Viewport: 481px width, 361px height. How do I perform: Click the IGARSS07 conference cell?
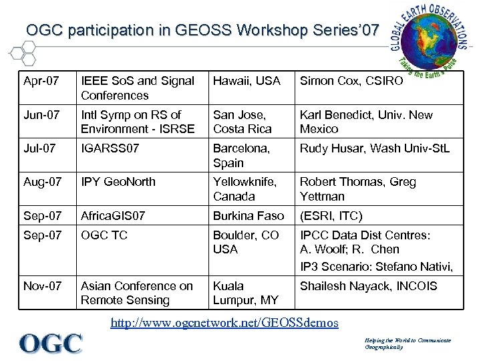[110, 148]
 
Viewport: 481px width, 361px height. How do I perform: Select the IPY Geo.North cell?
[118, 182]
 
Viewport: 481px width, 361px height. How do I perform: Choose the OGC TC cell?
[104, 235]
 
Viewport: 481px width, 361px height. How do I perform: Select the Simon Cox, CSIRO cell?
[351, 81]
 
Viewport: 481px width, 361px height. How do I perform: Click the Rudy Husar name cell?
[375, 148]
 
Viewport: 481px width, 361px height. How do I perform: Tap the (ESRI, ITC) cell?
[331, 216]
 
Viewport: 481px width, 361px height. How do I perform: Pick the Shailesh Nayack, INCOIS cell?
[368, 286]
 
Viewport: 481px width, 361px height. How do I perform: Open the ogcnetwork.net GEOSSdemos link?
[224, 322]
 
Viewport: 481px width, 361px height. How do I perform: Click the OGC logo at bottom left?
[51, 344]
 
